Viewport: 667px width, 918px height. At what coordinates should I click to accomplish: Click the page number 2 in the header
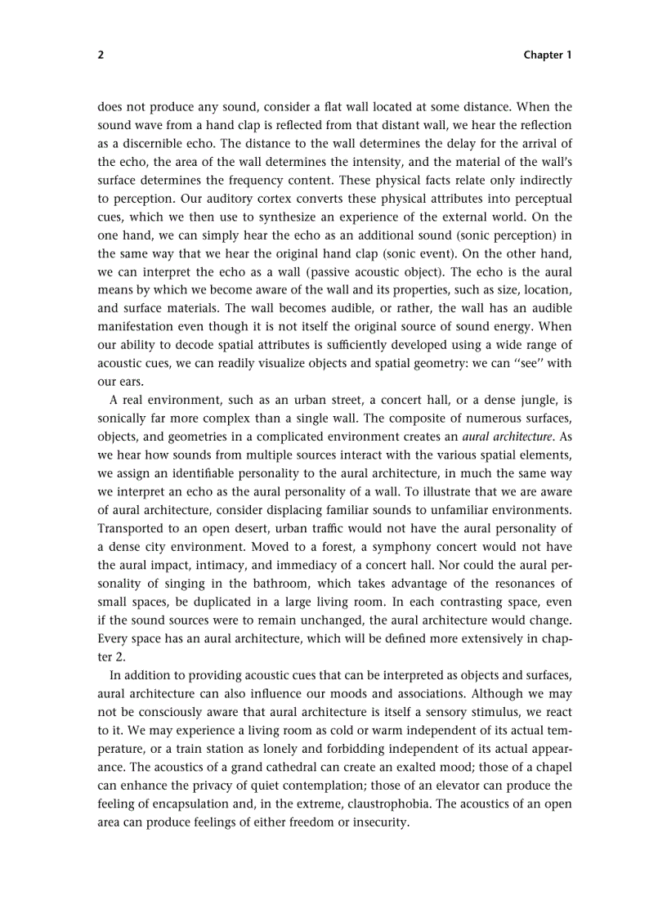[x=101, y=55]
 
